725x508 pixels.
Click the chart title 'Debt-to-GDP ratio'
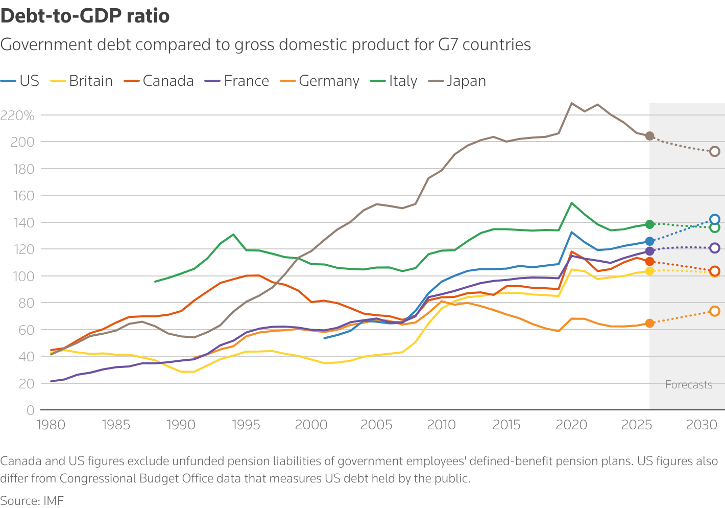[85, 16]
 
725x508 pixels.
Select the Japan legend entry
[466, 81]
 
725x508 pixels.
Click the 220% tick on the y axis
[18, 116]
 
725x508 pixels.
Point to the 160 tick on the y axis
[22, 196]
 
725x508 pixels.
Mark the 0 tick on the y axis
[30, 410]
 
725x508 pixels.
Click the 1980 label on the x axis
[51, 425]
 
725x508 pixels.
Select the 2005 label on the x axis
[376, 425]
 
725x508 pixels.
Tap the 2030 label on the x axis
[702, 425]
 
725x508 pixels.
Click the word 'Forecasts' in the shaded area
[688, 385]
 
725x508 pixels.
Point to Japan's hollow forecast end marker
[715, 151]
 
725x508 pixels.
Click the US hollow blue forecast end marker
[715, 219]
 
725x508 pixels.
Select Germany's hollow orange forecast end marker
[715, 311]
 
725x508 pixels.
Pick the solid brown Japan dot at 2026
[649, 136]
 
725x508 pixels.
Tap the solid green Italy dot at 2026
[649, 224]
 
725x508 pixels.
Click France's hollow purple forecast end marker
[715, 248]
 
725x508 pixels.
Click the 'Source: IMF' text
[32, 500]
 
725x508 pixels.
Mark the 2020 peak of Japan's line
[571, 103]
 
